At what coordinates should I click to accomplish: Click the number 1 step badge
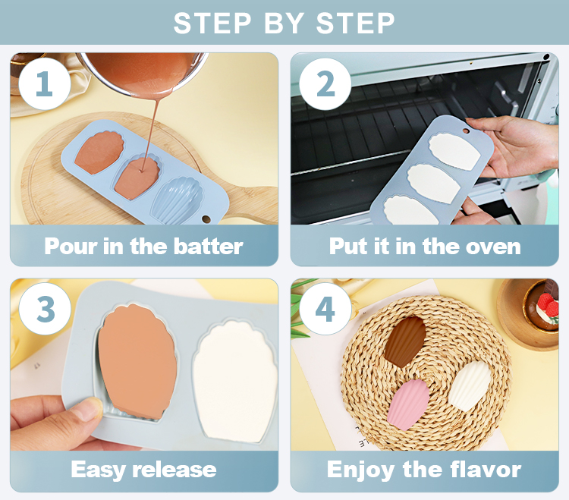coord(44,83)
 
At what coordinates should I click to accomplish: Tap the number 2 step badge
coord(325,83)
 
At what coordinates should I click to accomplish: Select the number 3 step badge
coord(45,309)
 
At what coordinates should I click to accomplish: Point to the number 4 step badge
coord(325,309)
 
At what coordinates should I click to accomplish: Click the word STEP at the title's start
coord(212,24)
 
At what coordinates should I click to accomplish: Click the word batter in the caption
coord(208,247)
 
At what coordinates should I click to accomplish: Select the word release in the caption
coord(174,470)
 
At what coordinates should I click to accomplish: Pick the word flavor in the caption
coord(486,469)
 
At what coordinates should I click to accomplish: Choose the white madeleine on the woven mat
coord(469,386)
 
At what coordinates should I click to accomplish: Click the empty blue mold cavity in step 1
coord(177,200)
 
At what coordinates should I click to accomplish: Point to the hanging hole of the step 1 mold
coord(206,219)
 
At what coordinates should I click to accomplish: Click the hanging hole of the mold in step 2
coord(466,131)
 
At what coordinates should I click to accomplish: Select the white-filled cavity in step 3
coord(235,381)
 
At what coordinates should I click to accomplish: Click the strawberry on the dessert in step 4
coord(547,303)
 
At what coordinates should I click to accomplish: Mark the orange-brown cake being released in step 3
coord(137,361)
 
